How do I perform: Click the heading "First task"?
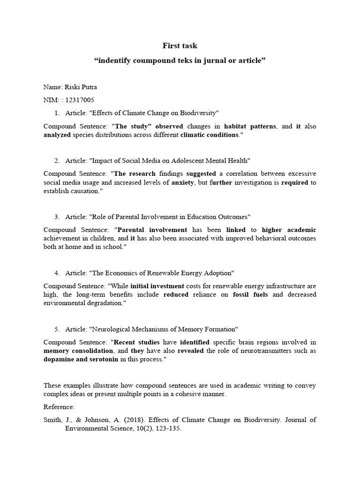click(x=180, y=45)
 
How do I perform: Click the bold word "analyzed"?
click(x=57, y=135)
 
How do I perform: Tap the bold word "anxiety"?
click(x=183, y=182)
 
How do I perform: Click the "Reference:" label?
click(x=59, y=407)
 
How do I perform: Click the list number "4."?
click(x=57, y=273)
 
